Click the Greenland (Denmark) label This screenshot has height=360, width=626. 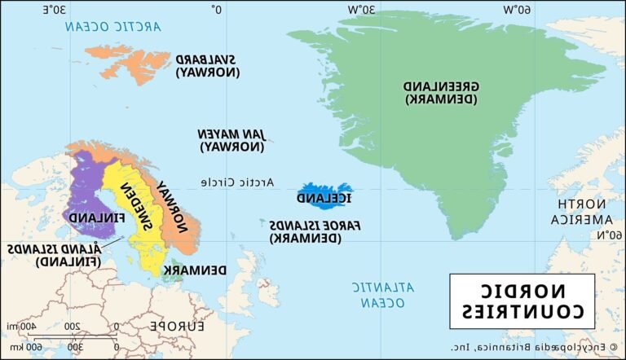pos(441,92)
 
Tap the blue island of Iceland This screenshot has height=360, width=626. pos(324,195)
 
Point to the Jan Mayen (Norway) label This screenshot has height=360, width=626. pos(232,140)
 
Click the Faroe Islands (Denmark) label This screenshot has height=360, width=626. pos(305,230)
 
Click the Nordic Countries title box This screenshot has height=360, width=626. pos(522,301)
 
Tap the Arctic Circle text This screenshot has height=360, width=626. pos(238,181)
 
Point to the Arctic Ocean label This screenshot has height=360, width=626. pos(114,27)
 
